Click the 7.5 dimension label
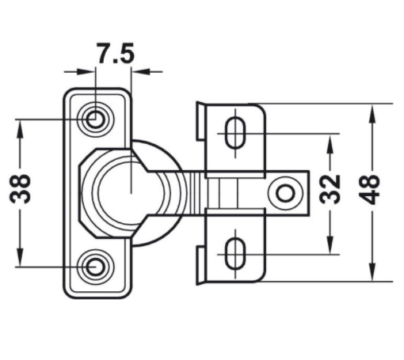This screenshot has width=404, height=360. [116, 53]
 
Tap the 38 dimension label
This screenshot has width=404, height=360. [21, 188]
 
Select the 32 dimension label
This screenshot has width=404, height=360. [330, 189]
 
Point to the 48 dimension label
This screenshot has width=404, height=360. [369, 189]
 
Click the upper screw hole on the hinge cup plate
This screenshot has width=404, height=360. [95, 119]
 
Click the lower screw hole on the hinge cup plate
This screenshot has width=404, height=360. [95, 267]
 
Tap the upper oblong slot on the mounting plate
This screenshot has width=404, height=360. [235, 133]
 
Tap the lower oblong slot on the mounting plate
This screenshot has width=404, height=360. [235, 254]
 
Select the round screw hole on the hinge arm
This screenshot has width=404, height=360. [284, 193]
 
